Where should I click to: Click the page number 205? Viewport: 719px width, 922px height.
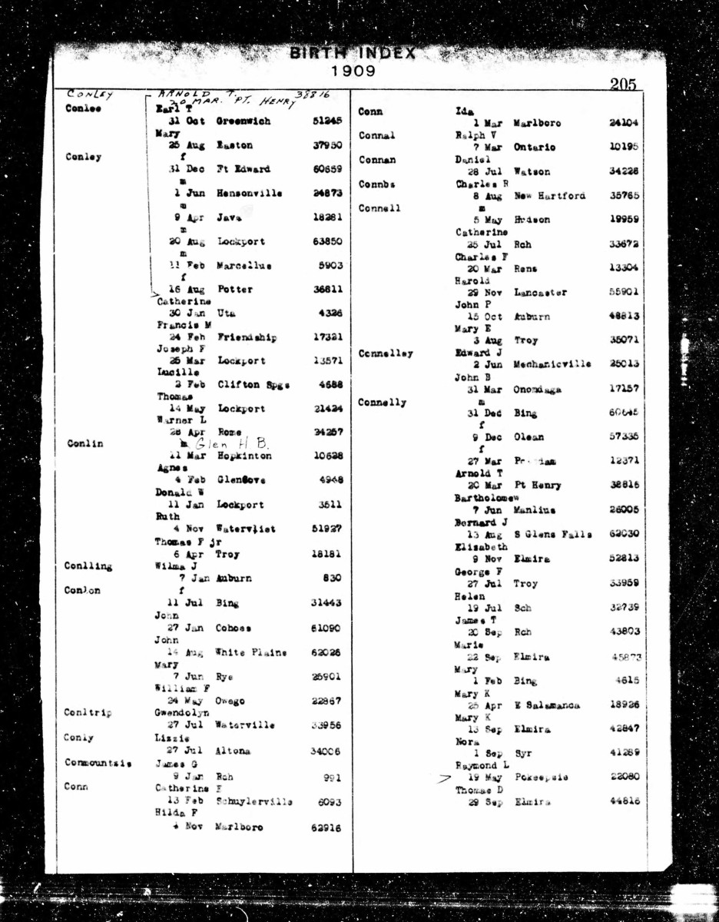click(623, 85)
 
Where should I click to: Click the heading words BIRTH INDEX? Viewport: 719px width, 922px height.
click(353, 54)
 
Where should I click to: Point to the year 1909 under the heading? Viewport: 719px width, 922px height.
click(354, 71)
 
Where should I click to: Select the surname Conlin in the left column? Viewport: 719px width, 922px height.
click(85, 444)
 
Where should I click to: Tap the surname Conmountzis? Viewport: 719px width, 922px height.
click(98, 764)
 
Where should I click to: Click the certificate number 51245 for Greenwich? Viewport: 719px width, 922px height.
click(326, 121)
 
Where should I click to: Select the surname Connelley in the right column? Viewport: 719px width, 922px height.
click(386, 353)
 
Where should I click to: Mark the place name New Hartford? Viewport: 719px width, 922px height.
click(550, 195)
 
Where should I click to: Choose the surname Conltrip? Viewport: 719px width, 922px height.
click(88, 712)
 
